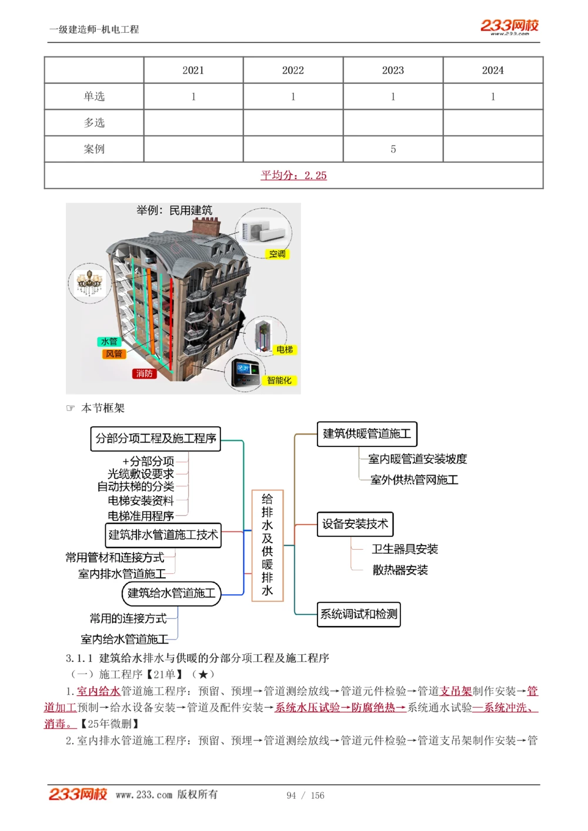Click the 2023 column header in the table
393,70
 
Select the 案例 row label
94,149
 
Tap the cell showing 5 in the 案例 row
393,149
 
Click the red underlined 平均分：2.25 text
293,175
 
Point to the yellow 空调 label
277,254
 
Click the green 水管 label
109,341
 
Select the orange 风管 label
113,354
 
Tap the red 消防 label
144,373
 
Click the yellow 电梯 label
285,349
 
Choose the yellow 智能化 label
279,380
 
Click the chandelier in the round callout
90,282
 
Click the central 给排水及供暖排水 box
268,545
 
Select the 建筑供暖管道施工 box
367,434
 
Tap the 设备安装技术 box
355,524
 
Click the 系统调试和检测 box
359,614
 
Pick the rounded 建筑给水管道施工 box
171,593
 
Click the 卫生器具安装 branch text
405,549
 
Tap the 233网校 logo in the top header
509,26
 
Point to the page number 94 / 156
305,795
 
